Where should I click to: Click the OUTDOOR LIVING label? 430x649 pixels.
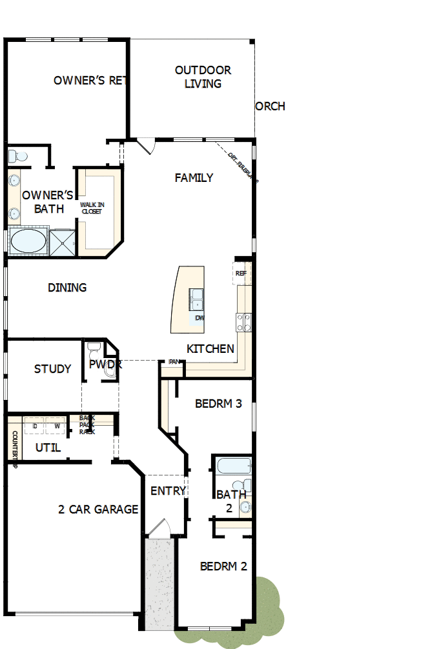(x=203, y=77)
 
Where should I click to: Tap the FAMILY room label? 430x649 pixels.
(x=194, y=177)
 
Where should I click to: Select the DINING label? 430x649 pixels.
(x=67, y=288)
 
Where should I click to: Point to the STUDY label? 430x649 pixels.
(x=52, y=369)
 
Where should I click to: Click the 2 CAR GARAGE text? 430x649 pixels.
(x=98, y=509)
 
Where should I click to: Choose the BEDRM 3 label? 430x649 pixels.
(x=218, y=404)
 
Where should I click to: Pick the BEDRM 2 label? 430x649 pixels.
(x=223, y=566)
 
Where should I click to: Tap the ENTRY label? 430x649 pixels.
(x=168, y=491)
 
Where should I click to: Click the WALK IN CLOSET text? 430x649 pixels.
(x=92, y=208)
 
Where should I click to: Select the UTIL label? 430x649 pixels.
(x=48, y=447)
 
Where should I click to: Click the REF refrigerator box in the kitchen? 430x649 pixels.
(x=241, y=274)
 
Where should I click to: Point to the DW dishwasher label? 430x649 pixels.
(x=199, y=318)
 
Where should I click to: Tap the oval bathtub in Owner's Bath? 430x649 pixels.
(x=28, y=243)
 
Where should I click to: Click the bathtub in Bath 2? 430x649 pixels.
(x=233, y=466)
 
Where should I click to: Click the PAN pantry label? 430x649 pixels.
(x=174, y=362)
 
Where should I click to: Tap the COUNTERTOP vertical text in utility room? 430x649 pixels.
(x=14, y=445)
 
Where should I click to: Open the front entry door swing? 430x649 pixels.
(x=158, y=529)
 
